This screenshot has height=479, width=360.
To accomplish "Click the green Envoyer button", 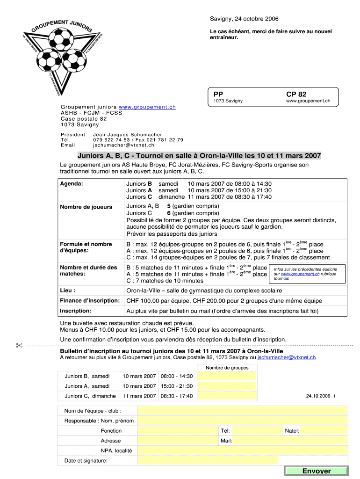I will click(316, 471).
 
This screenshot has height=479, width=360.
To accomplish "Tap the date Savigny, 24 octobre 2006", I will click(244, 19).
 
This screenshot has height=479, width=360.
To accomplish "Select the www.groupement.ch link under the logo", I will click(147, 107).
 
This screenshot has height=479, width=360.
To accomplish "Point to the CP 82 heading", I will click(296, 94).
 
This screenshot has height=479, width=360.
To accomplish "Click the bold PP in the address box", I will click(218, 94).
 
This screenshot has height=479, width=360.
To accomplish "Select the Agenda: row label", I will click(72, 184).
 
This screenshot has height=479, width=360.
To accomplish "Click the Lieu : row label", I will click(68, 290).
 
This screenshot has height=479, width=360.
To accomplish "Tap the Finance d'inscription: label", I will click(90, 300).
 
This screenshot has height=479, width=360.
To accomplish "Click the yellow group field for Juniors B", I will click(227, 376).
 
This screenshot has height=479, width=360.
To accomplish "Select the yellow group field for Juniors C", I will click(227, 396).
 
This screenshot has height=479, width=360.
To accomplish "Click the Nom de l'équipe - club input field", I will click(242, 411).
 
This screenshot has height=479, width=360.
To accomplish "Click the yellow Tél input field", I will click(257, 430).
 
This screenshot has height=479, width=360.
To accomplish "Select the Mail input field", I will click(290, 441).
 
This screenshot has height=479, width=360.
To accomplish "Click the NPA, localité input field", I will click(242, 450).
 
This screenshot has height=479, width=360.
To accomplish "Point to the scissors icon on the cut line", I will click(19, 346).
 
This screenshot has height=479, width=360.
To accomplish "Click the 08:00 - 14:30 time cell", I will click(177, 376).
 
